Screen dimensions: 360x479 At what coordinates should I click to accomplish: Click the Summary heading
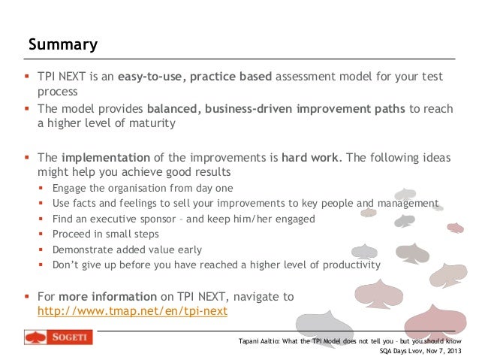[63, 44]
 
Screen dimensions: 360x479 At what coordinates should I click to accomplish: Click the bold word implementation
[105, 159]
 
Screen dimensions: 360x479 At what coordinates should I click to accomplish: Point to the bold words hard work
[310, 159]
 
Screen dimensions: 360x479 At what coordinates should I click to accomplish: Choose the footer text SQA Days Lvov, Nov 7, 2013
[420, 350]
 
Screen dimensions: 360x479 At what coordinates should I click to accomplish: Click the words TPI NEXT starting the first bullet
[62, 77]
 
